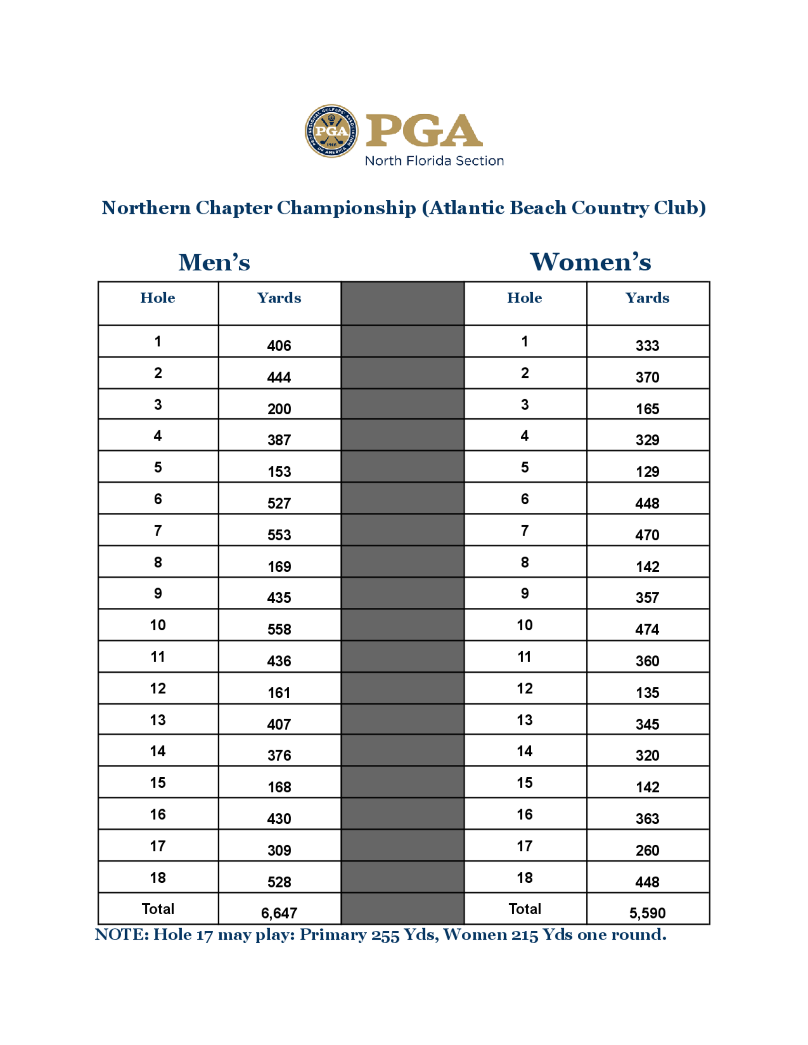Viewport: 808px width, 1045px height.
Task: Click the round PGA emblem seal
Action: [x=331, y=131]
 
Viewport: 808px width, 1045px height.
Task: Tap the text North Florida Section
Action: [x=434, y=161]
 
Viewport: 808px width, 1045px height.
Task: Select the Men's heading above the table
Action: [x=214, y=262]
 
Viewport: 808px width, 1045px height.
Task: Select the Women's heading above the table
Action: [x=590, y=262]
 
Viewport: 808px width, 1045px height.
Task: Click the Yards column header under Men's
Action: [x=279, y=298]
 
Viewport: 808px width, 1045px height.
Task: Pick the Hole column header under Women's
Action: [x=525, y=298]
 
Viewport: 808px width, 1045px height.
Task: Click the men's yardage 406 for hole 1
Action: [x=279, y=346]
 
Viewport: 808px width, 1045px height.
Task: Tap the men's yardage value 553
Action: [x=279, y=535]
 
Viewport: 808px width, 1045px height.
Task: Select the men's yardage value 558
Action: [x=279, y=629]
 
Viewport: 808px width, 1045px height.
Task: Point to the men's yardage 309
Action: [x=279, y=850]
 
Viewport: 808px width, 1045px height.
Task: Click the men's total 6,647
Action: [x=279, y=913]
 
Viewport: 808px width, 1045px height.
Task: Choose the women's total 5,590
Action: [x=647, y=913]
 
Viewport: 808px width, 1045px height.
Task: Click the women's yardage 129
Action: [x=647, y=472]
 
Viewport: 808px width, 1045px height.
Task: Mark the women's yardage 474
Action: [x=647, y=629]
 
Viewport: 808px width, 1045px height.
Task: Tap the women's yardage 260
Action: [x=647, y=850]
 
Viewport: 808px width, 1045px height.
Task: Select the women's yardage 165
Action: [x=647, y=409]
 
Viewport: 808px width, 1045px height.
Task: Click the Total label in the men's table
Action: [x=158, y=909]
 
